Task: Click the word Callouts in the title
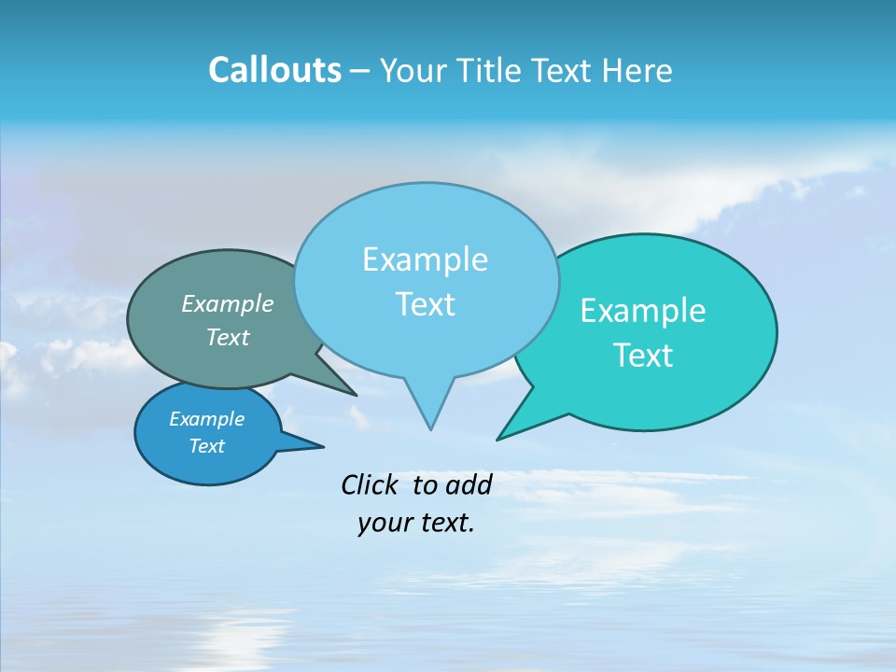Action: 275,70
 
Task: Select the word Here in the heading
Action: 638,70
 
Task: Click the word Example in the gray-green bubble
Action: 228,303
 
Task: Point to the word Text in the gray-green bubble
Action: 228,337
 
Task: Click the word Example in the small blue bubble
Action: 207,419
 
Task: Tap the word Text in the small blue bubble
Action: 207,446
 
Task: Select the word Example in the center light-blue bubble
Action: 425,259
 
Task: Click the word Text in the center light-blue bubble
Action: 425,304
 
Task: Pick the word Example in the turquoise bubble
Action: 643,311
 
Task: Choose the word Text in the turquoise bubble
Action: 643,356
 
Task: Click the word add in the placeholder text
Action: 469,484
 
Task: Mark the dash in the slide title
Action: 361,71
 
